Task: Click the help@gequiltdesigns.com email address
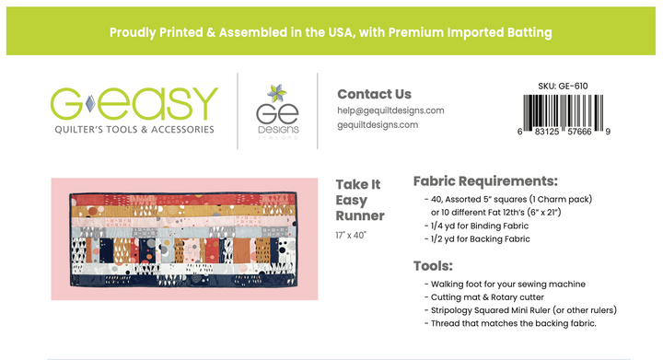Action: pyautogui.click(x=390, y=110)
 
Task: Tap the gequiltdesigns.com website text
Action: pyautogui.click(x=378, y=125)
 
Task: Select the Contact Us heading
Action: pyautogui.click(x=374, y=94)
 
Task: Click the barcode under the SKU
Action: pyautogui.click(x=562, y=114)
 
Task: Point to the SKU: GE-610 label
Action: pyautogui.click(x=562, y=87)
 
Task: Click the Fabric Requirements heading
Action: pyautogui.click(x=485, y=180)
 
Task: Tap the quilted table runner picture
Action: pyautogui.click(x=184, y=238)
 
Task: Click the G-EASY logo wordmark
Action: pyautogui.click(x=134, y=104)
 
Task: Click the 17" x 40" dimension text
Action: pyautogui.click(x=350, y=236)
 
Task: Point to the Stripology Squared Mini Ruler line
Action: pyautogui.click(x=520, y=310)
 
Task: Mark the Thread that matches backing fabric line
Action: pyautogui.click(x=511, y=323)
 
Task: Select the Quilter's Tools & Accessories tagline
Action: pyautogui.click(x=134, y=129)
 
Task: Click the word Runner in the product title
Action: pyautogui.click(x=359, y=216)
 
